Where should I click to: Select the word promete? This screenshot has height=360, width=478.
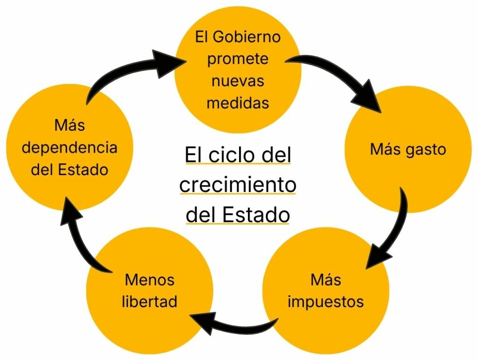point(238,59)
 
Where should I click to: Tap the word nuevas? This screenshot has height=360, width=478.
point(238,80)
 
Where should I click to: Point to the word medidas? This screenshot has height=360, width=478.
point(238,102)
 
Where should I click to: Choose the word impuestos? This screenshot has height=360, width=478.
point(326,301)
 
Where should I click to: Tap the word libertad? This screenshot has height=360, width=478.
point(149,301)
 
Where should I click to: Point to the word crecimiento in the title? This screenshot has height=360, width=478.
point(238,185)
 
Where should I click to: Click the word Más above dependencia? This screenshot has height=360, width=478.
point(70,126)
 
